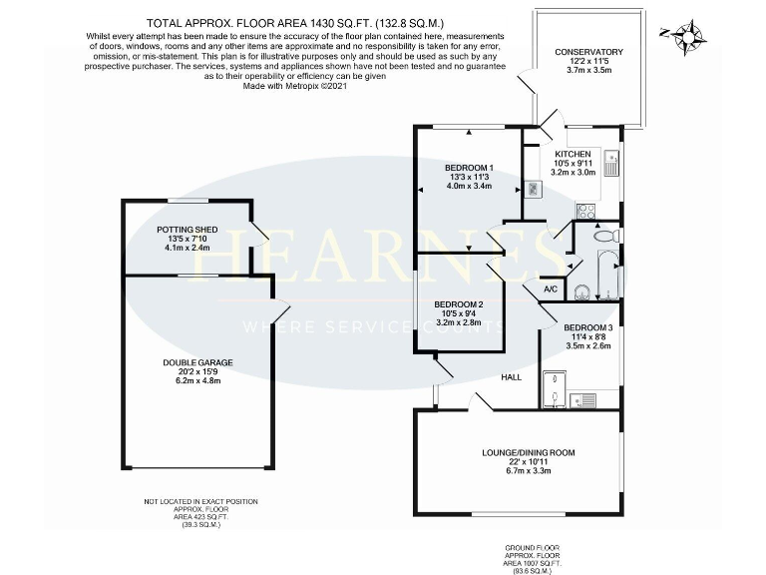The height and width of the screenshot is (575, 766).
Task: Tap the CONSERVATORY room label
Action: [x=588, y=52]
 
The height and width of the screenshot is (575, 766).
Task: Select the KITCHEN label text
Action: [x=573, y=153]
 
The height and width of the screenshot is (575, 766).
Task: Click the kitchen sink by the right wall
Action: [x=611, y=162]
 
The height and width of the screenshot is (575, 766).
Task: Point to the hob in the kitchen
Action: [x=585, y=212]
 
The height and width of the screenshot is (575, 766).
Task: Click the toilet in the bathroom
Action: [x=603, y=237]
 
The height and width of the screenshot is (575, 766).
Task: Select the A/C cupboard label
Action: [x=550, y=290]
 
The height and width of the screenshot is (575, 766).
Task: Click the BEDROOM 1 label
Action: [x=469, y=167]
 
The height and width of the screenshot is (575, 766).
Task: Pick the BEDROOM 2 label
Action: [x=459, y=304]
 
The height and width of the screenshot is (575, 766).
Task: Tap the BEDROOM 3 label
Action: [x=587, y=327]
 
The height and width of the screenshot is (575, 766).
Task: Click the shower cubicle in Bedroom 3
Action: [x=554, y=387]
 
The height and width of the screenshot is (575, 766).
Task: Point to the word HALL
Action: [x=511, y=377]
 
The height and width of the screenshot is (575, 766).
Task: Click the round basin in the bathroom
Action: [x=583, y=292]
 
